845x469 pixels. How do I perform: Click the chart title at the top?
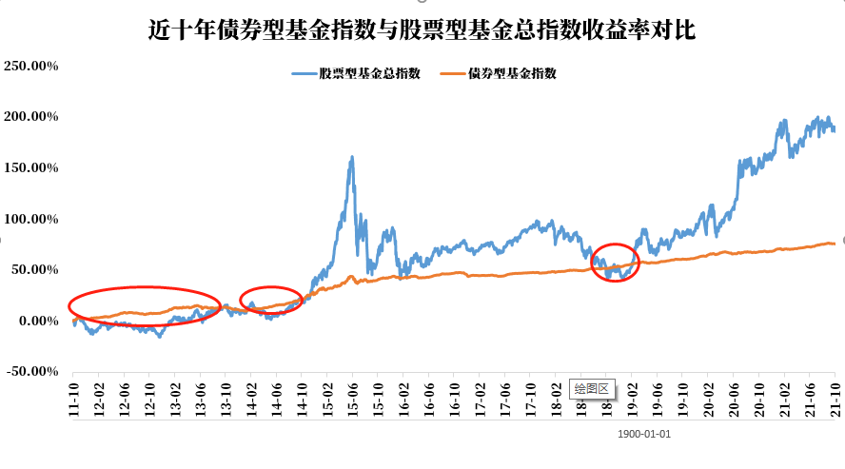click(422, 30)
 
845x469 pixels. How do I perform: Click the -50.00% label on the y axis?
click(31, 371)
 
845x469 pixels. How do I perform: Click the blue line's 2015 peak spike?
click(352, 158)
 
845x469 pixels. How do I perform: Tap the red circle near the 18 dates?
click(616, 263)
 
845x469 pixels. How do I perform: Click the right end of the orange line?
click(834, 244)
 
